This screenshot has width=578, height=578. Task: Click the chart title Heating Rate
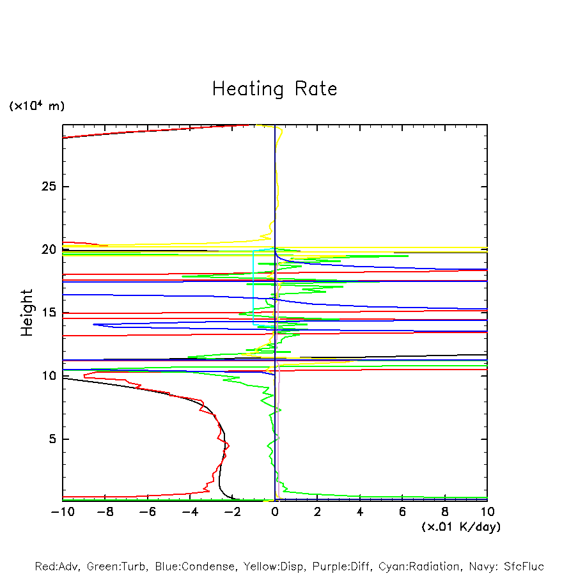(x=275, y=89)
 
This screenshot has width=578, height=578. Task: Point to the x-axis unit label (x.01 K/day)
(x=461, y=526)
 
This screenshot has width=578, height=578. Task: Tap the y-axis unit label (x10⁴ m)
(x=36, y=105)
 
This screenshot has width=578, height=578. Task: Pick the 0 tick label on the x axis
(x=275, y=512)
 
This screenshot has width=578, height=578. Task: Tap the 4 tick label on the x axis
(x=360, y=512)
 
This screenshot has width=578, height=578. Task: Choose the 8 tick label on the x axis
(x=445, y=512)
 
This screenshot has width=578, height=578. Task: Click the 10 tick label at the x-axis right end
(x=487, y=512)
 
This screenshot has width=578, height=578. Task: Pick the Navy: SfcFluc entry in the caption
(x=506, y=566)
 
